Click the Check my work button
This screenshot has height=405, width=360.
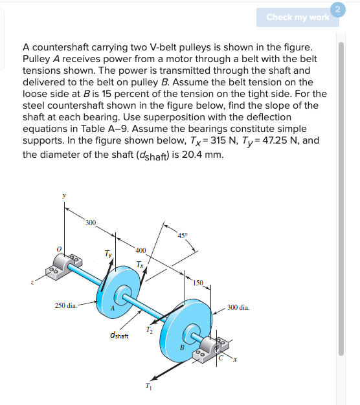coord(297,17)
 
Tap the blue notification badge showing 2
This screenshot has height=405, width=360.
coord(336,7)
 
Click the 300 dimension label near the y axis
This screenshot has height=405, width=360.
coord(89,223)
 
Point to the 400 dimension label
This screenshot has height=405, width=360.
coord(141,250)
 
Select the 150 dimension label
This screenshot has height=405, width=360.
coord(197,283)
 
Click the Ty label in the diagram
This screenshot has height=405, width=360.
coord(108,254)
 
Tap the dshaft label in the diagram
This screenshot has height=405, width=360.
coord(119,335)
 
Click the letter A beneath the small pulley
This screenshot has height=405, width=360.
coord(113,309)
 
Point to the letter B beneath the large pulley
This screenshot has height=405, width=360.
coord(183,347)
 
